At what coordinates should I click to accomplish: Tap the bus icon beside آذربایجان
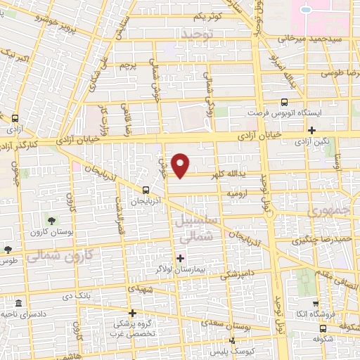(x=146, y=190)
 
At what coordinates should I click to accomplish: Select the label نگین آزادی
(x=312, y=142)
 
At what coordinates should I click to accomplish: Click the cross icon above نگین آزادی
(x=312, y=130)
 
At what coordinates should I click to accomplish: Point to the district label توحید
(x=196, y=34)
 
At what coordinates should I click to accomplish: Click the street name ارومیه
(x=238, y=191)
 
